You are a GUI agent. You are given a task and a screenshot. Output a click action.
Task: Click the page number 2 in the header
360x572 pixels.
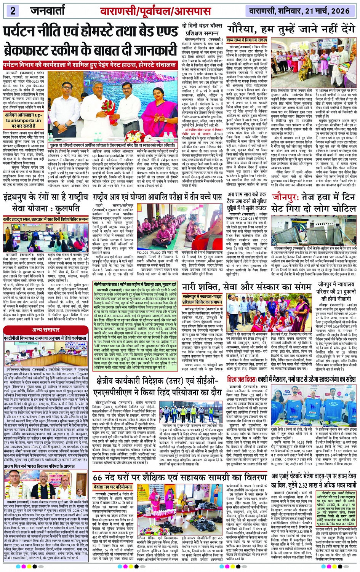13,11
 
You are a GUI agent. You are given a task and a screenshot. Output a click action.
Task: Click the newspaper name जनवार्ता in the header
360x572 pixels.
50,11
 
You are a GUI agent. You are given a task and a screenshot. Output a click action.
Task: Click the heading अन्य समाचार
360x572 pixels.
46,329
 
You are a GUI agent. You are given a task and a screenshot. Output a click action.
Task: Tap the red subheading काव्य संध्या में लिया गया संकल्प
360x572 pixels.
247,40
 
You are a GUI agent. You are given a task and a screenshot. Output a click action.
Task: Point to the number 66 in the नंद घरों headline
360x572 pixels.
98,477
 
